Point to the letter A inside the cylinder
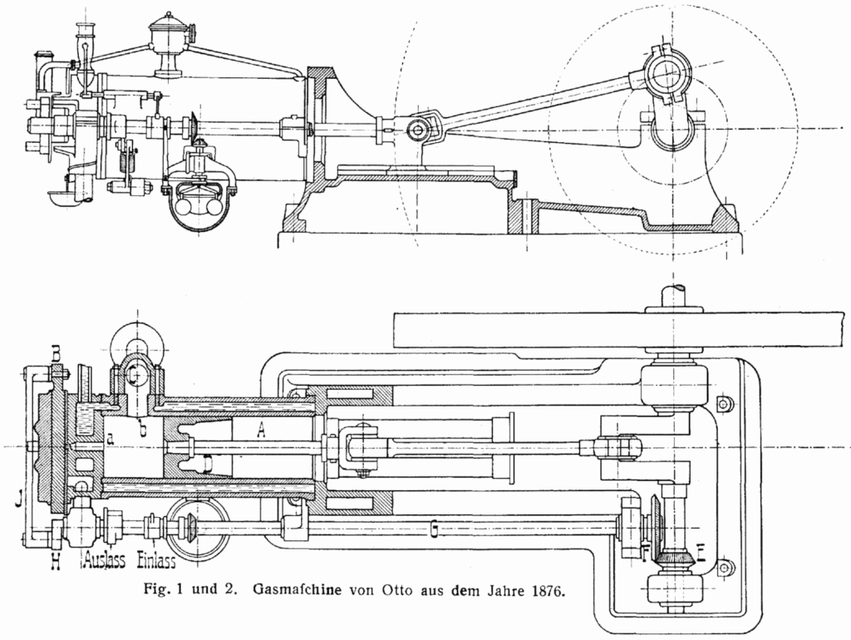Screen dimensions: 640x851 click(261, 430)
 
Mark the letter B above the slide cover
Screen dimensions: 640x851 click(56, 356)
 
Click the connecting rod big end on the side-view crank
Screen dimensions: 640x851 click(662, 76)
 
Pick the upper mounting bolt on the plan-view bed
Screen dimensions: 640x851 click(722, 404)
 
